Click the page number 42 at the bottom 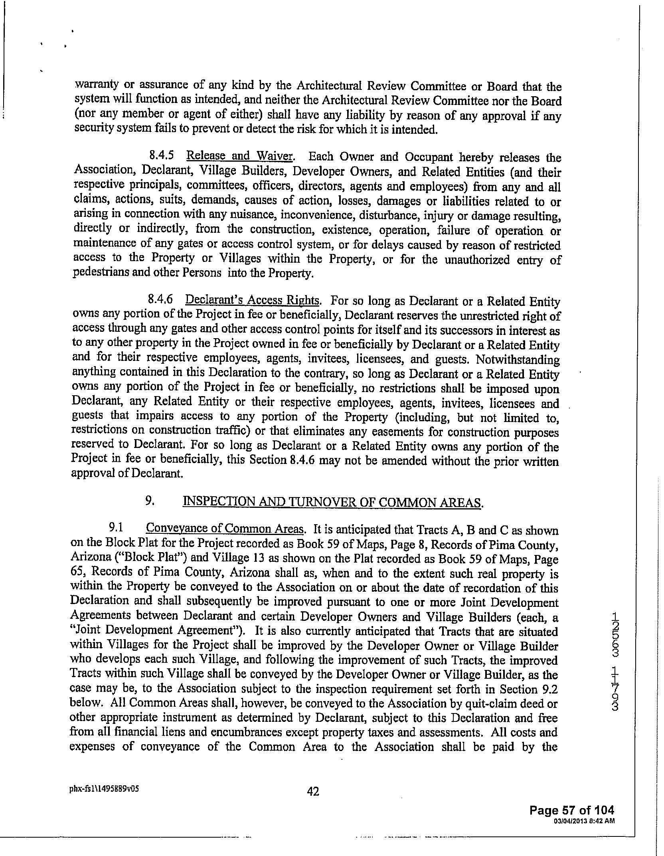(x=313, y=791)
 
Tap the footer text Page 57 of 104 (x=571, y=810)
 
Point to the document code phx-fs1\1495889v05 (x=105, y=789)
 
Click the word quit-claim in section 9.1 (x=488, y=703)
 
